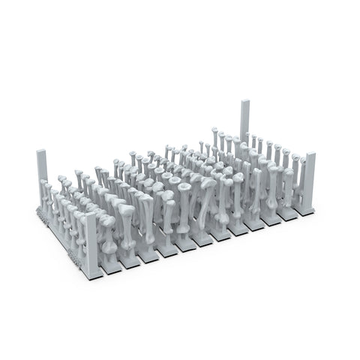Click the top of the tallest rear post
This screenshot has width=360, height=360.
pyautogui.click(x=244, y=101)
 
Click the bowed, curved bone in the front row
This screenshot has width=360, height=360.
pyautogui.click(x=204, y=214)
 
